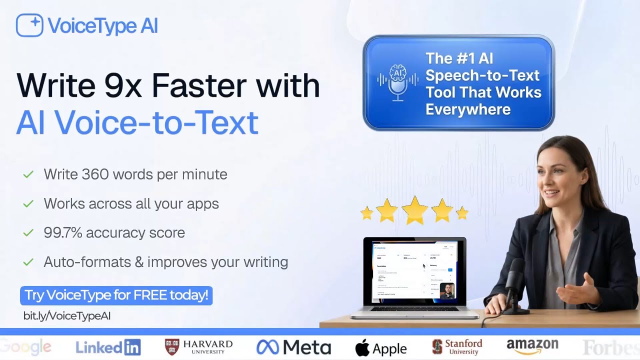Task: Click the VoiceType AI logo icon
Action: [x=29, y=25]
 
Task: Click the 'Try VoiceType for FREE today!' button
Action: [x=116, y=295]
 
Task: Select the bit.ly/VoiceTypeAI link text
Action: [x=67, y=316]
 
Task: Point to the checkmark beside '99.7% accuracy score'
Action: [x=28, y=233]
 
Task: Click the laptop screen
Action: [x=414, y=271]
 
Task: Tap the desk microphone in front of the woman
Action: [x=515, y=285]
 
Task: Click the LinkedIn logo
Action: [x=108, y=347]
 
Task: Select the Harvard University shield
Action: [x=171, y=347]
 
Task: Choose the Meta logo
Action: [x=293, y=347]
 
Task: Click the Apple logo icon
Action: [x=362, y=348]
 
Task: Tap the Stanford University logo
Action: [x=457, y=347]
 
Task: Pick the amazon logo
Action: [x=532, y=346]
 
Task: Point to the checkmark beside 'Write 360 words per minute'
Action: [x=28, y=174]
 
